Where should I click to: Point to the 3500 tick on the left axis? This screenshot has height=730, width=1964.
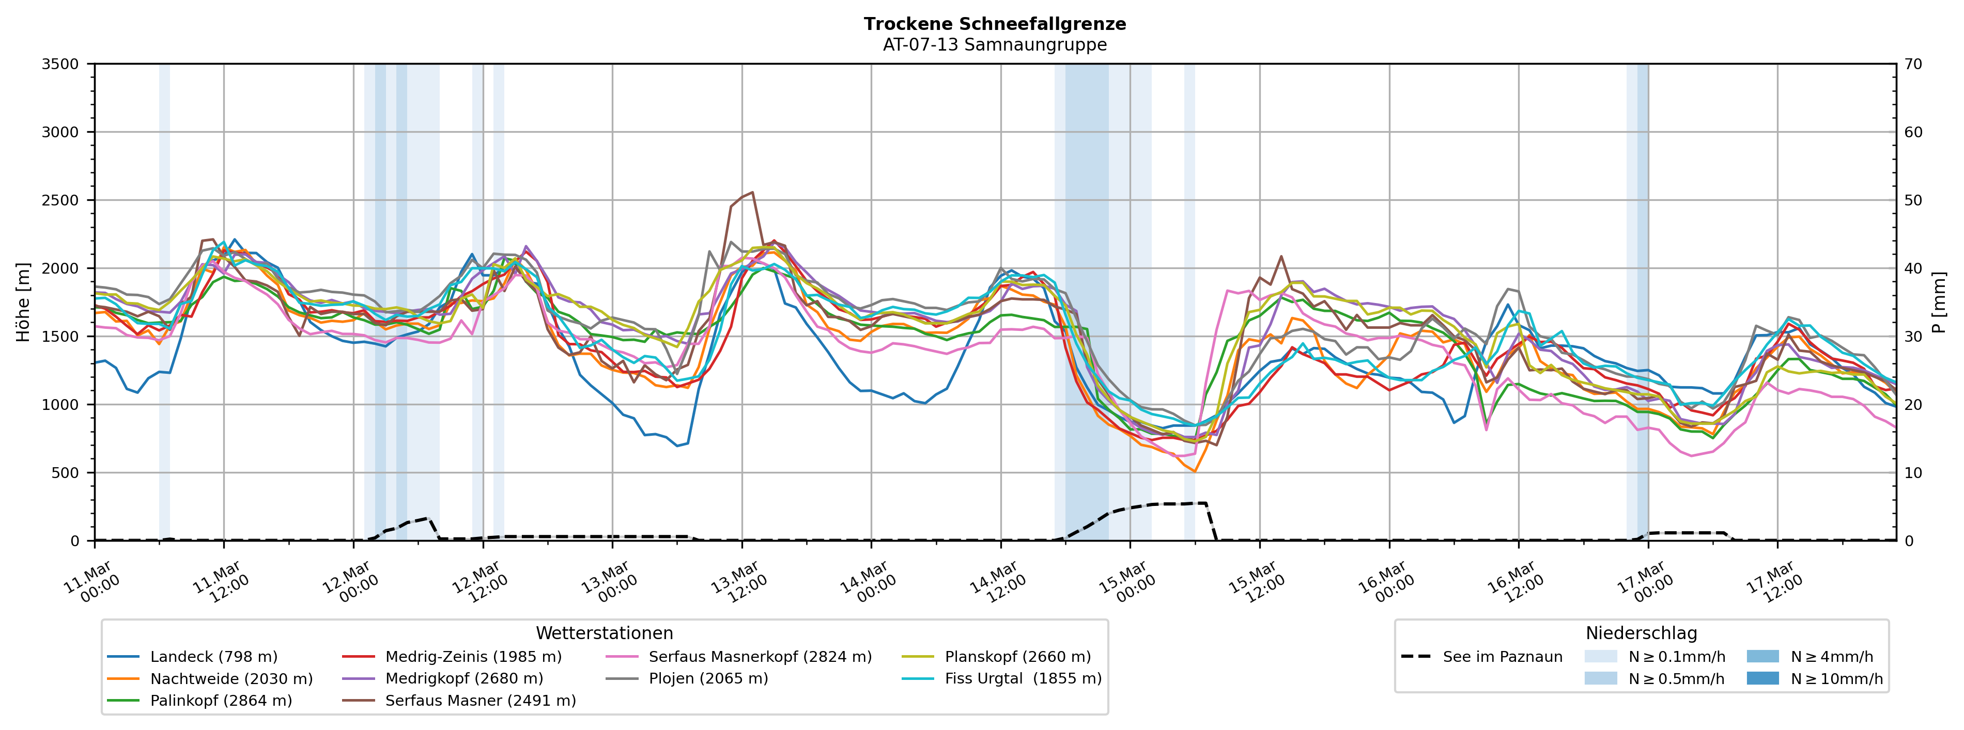point(60,64)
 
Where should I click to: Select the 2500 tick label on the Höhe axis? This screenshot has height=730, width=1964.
point(60,200)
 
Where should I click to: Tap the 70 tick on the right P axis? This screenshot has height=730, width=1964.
point(1913,64)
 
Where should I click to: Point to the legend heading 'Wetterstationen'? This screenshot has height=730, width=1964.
point(604,633)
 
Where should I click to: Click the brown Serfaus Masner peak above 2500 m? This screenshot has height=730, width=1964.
point(752,192)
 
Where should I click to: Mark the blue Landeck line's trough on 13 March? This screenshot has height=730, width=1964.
point(677,445)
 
